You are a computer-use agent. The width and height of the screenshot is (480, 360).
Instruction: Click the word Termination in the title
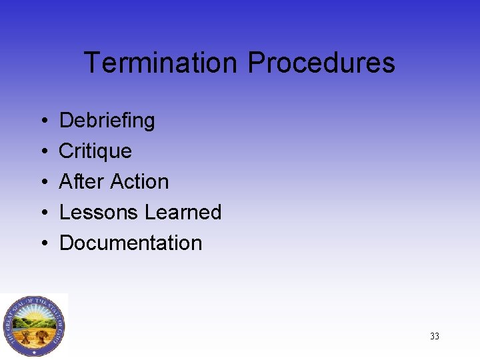pos(160,63)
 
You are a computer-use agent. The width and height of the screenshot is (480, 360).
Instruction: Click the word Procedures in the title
pos(321,63)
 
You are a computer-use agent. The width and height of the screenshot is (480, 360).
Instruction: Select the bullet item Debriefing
pos(107,121)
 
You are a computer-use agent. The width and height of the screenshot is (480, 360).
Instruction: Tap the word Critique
pos(95,151)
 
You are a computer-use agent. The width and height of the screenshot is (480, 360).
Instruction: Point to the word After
pos(81,181)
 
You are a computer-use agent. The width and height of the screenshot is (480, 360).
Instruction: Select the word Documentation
pos(131,243)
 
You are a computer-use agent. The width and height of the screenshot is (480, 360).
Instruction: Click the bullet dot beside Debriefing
pos(42,121)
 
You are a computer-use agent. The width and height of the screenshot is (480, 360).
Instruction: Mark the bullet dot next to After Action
pos(42,182)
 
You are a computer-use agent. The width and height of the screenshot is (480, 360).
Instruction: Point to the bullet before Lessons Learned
pos(42,213)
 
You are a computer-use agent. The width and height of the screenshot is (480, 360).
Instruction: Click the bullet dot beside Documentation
pos(42,243)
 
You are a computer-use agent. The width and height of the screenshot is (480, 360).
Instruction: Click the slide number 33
pos(435,336)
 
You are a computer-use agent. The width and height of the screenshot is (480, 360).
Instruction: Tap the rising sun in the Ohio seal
pos(34,312)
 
